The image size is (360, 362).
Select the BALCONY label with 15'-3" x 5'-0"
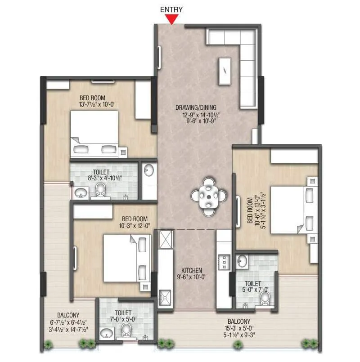pos(239,322)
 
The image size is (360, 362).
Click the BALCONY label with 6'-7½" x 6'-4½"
pos(68,315)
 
